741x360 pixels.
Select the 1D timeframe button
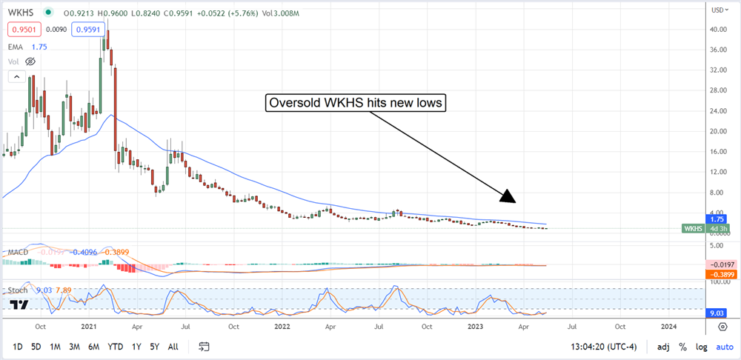(x=17, y=346)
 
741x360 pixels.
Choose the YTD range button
(x=115, y=346)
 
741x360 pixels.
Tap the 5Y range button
(x=153, y=346)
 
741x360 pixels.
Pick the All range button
(x=173, y=346)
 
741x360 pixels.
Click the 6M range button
(x=93, y=346)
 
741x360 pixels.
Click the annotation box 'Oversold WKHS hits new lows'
(x=356, y=104)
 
